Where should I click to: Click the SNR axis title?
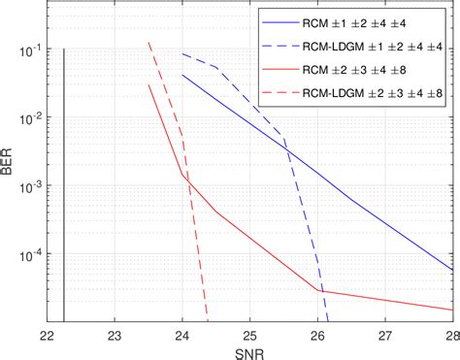click(x=249, y=350)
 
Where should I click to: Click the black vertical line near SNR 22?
click(x=63, y=184)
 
